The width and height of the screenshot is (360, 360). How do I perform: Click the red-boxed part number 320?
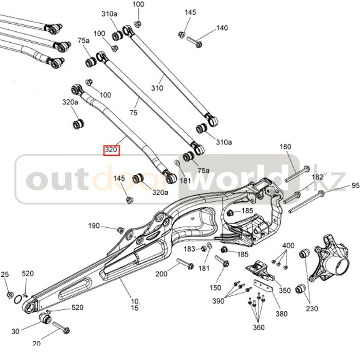pos(112,151)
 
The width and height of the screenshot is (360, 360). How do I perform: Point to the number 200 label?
pos(161,274)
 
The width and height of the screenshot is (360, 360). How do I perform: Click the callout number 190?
pos(94,226)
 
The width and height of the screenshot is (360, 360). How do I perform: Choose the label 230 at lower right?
pos(312,309)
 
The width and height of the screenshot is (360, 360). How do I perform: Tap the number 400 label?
pos(289,245)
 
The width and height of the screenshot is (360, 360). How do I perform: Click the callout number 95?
pos(355,186)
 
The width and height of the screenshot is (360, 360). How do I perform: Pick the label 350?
pos(285,291)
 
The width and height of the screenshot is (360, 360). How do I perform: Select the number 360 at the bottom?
pos(258,327)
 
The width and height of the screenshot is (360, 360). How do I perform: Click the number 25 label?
pos(5,275)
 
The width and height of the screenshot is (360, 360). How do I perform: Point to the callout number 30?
pos(15,331)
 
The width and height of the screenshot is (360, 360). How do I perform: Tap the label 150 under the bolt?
pos(216,287)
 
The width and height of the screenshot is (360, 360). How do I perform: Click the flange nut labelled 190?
pos(120,229)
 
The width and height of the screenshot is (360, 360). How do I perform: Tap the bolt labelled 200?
pos(185,266)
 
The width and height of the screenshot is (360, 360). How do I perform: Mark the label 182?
pos(317,177)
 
